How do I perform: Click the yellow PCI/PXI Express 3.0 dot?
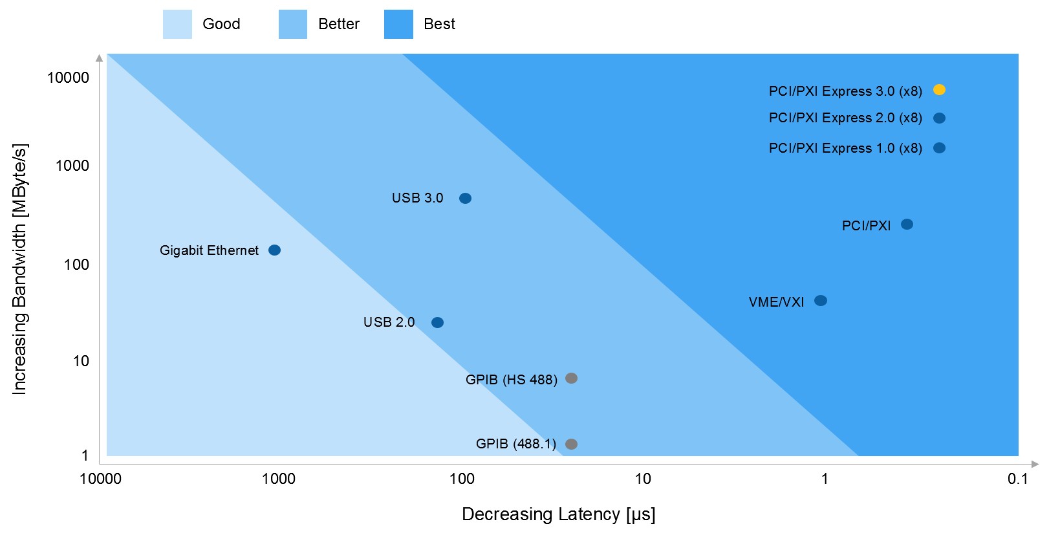[x=939, y=90]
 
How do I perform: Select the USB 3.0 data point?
[x=465, y=198]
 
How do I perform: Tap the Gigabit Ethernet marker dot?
[x=274, y=250]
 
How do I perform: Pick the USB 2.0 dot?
[x=437, y=322]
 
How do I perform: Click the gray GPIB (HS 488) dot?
[x=571, y=378]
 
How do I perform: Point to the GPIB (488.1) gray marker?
[x=571, y=444]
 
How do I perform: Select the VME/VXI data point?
[x=820, y=301]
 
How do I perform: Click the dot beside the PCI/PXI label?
[x=907, y=225]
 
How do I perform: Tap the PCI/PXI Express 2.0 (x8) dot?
[x=939, y=118]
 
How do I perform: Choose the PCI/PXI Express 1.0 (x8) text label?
[x=845, y=148]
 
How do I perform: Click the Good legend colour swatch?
[x=177, y=24]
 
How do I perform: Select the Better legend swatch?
[x=292, y=24]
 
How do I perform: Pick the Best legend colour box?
[x=398, y=24]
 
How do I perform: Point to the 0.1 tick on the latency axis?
[x=1017, y=479]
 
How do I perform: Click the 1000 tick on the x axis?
[x=278, y=479]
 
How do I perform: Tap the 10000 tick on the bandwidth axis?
[x=68, y=78]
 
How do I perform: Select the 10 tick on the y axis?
[x=81, y=361]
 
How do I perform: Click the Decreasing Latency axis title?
[x=558, y=514]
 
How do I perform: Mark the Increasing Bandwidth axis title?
[x=19, y=269]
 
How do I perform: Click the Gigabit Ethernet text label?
[x=209, y=250]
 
